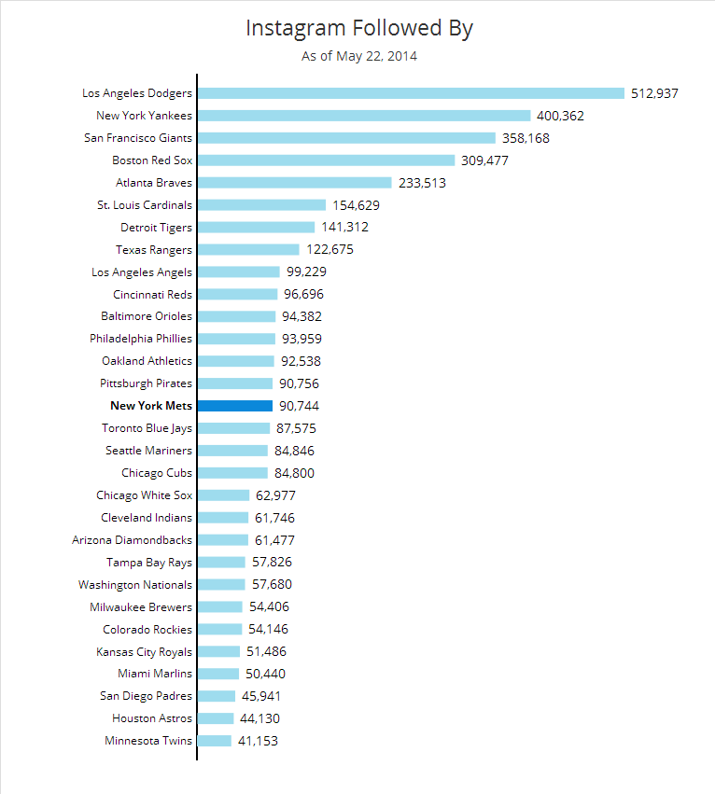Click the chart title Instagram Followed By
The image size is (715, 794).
[x=358, y=29]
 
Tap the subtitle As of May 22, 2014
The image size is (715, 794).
[x=358, y=57]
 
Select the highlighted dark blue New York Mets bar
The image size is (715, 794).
[x=235, y=406]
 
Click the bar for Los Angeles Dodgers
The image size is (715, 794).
[x=411, y=93]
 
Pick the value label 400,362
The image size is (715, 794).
[x=560, y=116]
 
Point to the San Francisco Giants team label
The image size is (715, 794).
[x=137, y=138]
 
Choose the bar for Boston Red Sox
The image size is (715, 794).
[x=326, y=160]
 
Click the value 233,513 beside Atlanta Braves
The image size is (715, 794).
[x=422, y=183]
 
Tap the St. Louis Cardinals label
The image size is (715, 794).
[x=145, y=205]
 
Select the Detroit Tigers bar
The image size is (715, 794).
[x=256, y=228]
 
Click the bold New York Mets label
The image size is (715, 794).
[x=151, y=406]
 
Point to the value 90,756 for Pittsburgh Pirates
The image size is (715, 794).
[x=301, y=383]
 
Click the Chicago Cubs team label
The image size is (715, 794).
[x=157, y=473]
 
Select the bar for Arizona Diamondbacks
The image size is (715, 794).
[x=223, y=540]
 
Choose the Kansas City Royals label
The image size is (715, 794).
[x=145, y=652]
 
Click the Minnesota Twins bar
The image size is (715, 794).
[x=215, y=741]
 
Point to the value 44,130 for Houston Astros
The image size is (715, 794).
[x=259, y=718]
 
